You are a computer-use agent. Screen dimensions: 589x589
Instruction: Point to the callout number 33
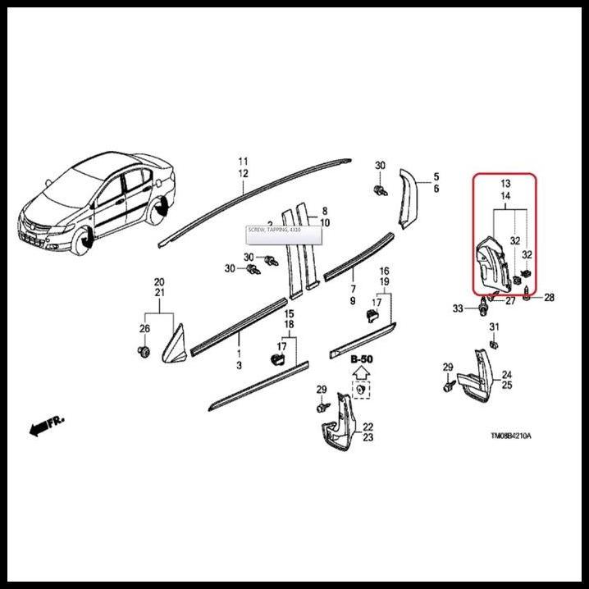click(459, 308)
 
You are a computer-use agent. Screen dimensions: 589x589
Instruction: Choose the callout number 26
click(144, 330)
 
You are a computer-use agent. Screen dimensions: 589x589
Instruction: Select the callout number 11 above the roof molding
click(243, 160)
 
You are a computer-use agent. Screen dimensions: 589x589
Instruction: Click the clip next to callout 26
click(144, 353)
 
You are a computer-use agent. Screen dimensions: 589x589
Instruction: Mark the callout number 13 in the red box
click(505, 184)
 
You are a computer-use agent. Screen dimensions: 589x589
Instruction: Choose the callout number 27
click(510, 301)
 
